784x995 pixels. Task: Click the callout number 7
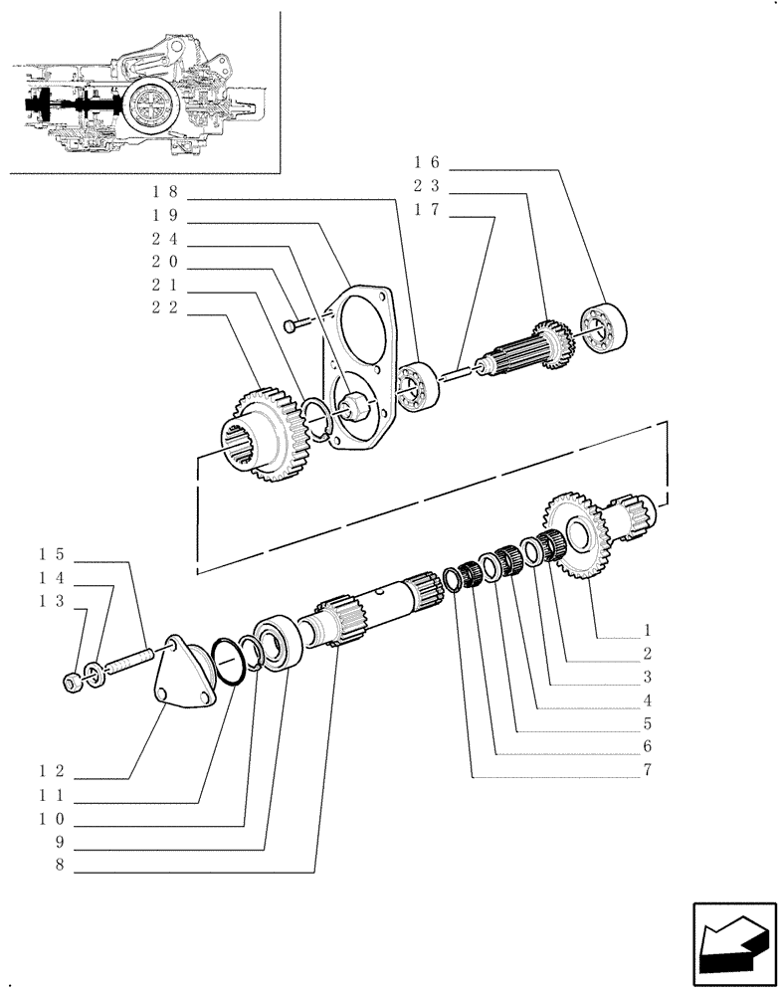(x=648, y=770)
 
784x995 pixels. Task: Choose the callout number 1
(x=648, y=630)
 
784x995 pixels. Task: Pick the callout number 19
(x=164, y=214)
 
